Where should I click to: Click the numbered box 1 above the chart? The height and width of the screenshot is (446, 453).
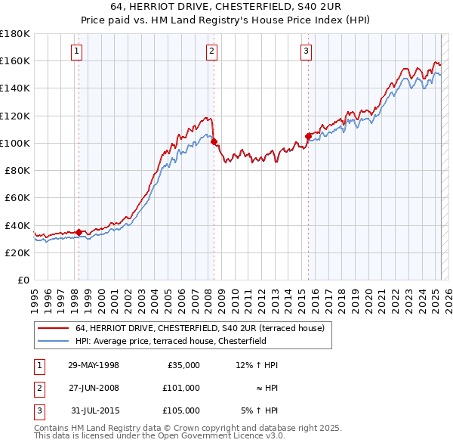pos(78,51)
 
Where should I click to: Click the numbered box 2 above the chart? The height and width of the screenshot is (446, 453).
pos(211,51)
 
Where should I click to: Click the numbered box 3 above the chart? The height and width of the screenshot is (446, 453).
pos(306,51)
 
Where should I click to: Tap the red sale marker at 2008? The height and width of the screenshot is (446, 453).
pos(214,141)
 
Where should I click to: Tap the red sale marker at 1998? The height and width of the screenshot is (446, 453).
pos(79,232)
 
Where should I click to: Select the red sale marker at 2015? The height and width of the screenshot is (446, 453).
pos(308,136)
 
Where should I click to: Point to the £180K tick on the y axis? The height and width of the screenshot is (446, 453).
pos(15,34)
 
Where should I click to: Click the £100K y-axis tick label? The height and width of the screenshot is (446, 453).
pos(15,143)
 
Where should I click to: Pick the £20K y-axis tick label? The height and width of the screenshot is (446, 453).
pos(17,252)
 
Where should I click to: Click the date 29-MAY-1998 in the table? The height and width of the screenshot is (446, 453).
pos(94,365)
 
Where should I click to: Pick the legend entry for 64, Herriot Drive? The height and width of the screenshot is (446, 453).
pos(199,329)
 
